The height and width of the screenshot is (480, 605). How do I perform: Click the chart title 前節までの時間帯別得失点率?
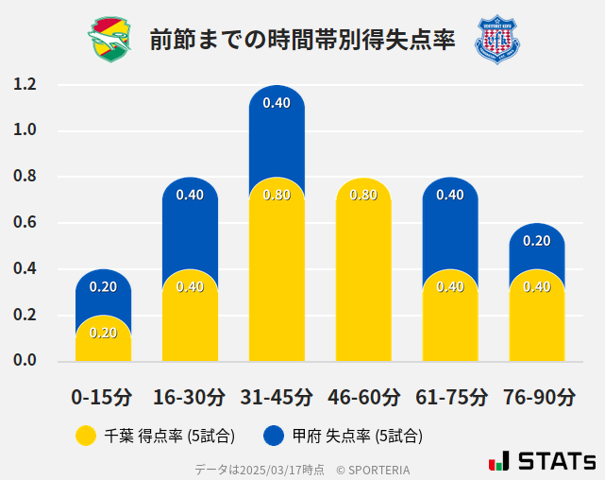[x=302, y=40]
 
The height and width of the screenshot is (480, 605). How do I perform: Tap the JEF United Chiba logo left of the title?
[x=109, y=39]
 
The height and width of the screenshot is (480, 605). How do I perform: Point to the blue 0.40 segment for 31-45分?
[x=277, y=128]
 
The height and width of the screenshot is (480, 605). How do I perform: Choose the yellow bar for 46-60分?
[x=363, y=274]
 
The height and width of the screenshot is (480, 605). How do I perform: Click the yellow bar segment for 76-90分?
[x=537, y=321]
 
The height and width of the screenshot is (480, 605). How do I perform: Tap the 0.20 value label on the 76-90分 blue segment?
[x=537, y=241]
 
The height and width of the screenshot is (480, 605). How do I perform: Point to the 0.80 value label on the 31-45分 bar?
[x=277, y=196]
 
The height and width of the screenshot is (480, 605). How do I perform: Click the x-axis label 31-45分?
[x=277, y=397]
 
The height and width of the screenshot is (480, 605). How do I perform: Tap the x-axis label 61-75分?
[x=450, y=397]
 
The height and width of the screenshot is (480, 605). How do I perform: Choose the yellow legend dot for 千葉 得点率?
[x=86, y=436]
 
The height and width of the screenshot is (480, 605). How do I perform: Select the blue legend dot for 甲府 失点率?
[x=275, y=436]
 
